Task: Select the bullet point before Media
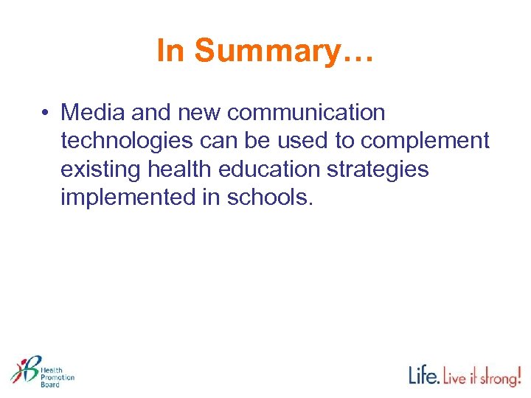[46, 113]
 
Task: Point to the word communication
[306, 113]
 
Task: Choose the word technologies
[124, 141]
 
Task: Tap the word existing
[101, 169]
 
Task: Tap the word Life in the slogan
[425, 375]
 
